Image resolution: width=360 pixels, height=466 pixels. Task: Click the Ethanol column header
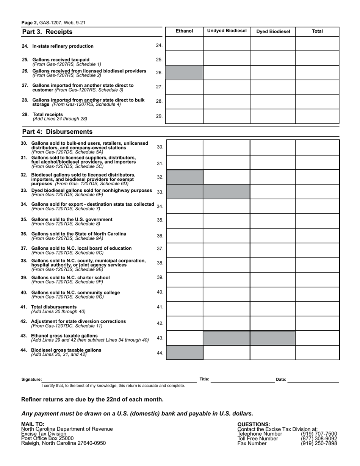[184, 31]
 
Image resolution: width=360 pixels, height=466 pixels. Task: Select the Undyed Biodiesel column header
[227, 31]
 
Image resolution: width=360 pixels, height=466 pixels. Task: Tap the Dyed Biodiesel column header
[273, 31]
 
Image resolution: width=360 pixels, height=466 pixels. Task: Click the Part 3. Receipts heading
[47, 32]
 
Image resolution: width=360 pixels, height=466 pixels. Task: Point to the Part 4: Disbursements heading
[57, 132]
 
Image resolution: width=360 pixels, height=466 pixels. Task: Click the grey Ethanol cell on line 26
[185, 72]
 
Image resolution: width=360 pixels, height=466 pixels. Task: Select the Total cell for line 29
[317, 116]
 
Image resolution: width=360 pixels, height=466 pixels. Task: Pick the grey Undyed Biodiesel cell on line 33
[227, 192]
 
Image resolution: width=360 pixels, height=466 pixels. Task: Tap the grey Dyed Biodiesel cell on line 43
[272, 338]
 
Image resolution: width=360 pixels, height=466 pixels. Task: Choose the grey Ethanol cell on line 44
[185, 353]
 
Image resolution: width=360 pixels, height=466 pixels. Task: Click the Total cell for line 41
[317, 308]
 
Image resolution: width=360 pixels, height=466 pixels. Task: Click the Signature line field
[119, 380]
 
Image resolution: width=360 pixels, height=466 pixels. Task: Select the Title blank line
[243, 380]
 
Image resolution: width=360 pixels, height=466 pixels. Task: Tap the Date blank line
[313, 380]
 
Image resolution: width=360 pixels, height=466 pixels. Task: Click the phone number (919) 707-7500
[319, 434]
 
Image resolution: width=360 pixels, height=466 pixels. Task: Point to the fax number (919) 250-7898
[319, 443]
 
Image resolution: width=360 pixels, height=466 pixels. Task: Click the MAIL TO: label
[33, 424]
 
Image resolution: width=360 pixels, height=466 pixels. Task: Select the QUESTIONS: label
[254, 424]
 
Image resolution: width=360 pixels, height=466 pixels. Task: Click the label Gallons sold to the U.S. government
[72, 219]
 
